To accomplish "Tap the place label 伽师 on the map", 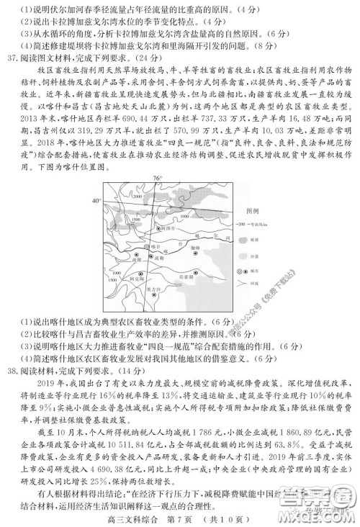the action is pos(196,247).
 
